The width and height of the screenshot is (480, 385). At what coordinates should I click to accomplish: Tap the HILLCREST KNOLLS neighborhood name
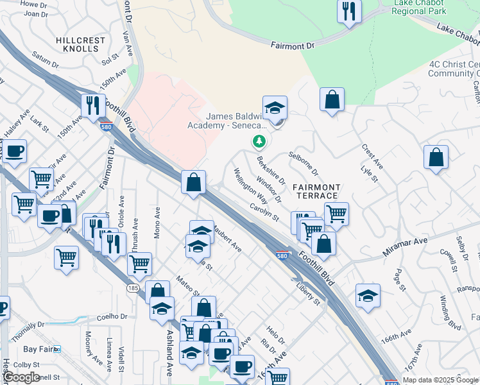point(80,44)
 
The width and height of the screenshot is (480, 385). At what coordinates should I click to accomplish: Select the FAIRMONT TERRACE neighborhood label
point(315,191)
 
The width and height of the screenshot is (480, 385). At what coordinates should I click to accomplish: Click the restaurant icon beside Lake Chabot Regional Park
point(349,11)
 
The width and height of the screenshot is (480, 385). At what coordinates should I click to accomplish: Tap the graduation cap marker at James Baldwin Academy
point(275,107)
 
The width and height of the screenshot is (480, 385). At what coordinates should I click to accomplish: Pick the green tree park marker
point(259,141)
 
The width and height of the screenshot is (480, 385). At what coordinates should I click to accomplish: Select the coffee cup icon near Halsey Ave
point(14,151)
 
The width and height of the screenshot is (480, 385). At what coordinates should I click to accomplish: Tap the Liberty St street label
point(308,295)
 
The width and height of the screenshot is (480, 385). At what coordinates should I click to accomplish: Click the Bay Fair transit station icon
point(57,349)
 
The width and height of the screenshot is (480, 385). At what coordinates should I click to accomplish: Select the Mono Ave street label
point(157,223)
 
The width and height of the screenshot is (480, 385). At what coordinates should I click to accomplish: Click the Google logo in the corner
point(21,377)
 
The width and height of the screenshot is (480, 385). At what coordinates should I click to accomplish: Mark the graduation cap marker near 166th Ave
point(368,295)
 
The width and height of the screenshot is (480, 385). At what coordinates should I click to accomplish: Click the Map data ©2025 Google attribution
point(440,380)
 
